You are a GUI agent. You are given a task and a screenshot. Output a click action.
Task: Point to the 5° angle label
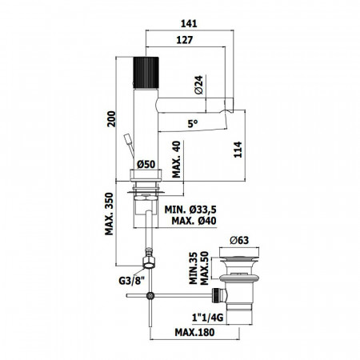pos(191,124)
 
